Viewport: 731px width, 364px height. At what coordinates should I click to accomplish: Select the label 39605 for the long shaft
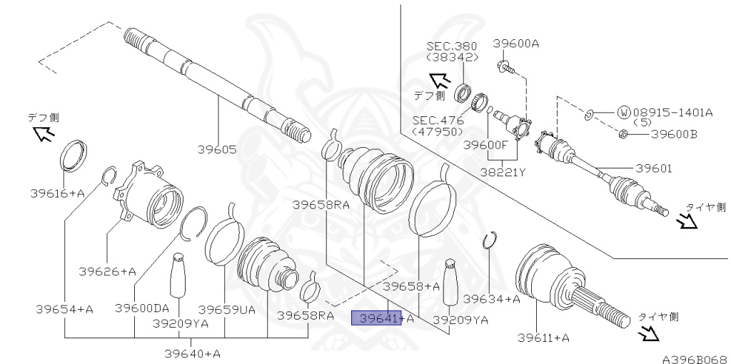217,150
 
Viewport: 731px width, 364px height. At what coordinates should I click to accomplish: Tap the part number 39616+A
57,193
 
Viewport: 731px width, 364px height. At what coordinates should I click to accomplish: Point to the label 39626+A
107,271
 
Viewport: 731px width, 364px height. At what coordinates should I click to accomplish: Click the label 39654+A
64,308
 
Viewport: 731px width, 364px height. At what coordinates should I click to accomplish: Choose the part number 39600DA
142,308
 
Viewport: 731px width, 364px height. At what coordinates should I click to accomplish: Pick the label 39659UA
226,309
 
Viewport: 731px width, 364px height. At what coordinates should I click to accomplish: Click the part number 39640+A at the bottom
192,353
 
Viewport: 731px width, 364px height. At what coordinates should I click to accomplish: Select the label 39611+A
543,338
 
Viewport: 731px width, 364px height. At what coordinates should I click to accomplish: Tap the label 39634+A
493,299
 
